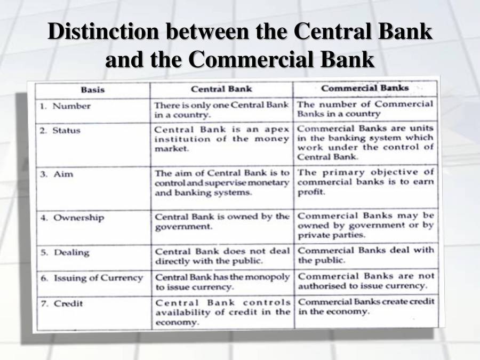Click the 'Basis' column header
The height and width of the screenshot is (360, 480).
pos(93,89)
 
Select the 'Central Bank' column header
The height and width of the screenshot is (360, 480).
pos(221,89)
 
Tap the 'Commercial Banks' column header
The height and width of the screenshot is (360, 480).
pos(365,88)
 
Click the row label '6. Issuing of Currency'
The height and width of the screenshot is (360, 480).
pos(92,278)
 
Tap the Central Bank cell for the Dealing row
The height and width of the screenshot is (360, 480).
pos(222,256)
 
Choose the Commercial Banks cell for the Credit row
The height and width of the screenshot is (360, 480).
pos(366,306)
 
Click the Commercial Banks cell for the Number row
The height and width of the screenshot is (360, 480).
pos(366,109)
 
